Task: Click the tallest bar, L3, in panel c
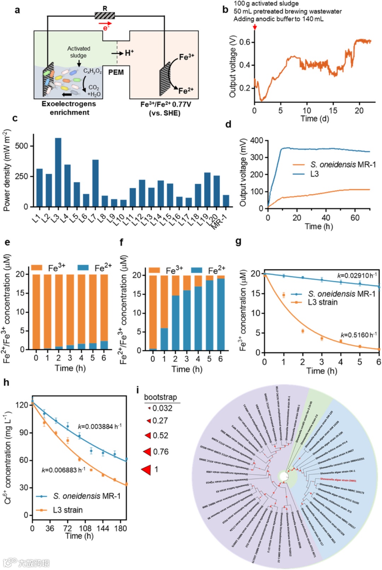pyautogui.click(x=58, y=172)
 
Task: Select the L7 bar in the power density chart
pyautogui.click(x=95, y=183)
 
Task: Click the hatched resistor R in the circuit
pyautogui.click(x=105, y=16)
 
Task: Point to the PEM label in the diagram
pyautogui.click(x=116, y=73)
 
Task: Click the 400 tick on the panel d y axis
pyautogui.click(x=256, y=140)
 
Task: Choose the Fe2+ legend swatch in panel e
pyautogui.click(x=83, y=267)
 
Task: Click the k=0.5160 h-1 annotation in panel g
pyautogui.click(x=359, y=335)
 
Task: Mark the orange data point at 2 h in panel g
pyautogui.click(x=303, y=331)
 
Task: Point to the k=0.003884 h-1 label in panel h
pyautogui.click(x=100, y=426)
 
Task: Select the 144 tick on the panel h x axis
pyautogui.click(x=103, y=528)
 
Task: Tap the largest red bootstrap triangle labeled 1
pyautogui.click(x=146, y=470)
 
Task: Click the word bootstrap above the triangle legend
pyautogui.click(x=160, y=397)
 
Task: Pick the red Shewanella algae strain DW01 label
pyautogui.click(x=338, y=480)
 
